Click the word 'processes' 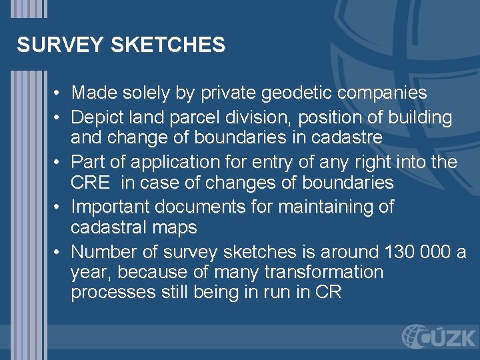tap(113, 293)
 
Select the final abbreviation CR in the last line tap(330, 293)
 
